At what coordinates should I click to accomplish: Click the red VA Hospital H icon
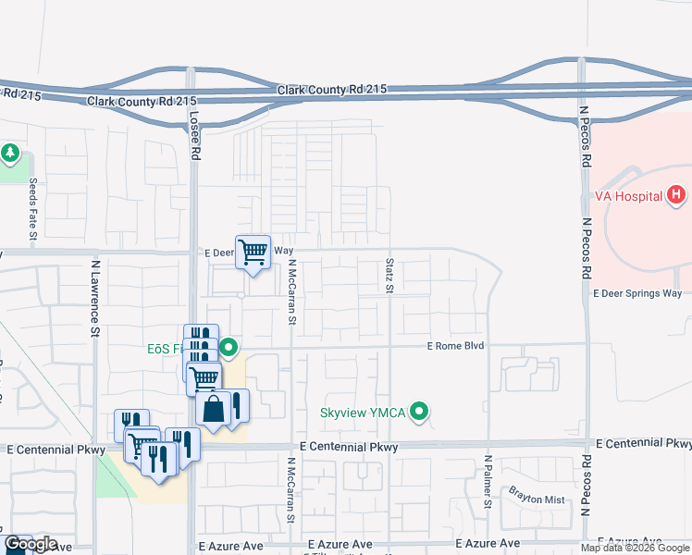click(677, 195)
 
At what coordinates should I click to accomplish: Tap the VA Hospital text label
click(627, 196)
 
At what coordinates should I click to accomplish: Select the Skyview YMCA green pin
click(420, 412)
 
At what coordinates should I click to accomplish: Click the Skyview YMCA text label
click(363, 413)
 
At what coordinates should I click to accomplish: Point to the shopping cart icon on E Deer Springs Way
click(253, 252)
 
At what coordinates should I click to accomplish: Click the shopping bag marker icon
click(213, 409)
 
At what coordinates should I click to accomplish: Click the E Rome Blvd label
click(456, 346)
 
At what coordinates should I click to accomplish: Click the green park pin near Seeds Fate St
click(10, 152)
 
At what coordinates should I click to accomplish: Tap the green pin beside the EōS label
click(229, 349)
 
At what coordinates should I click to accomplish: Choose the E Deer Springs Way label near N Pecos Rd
click(636, 293)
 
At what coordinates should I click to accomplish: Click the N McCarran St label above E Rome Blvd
click(291, 291)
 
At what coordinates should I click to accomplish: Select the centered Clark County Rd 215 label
click(331, 89)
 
